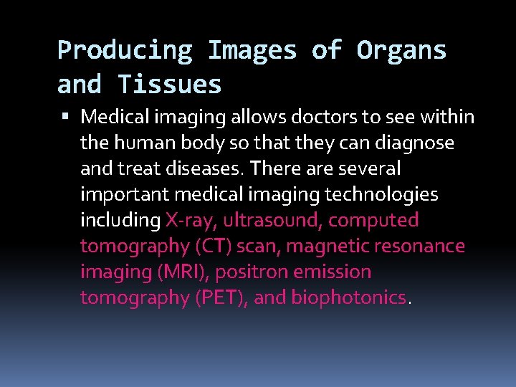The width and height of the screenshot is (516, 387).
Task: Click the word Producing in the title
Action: [125, 51]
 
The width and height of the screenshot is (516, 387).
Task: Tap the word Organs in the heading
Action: [401, 51]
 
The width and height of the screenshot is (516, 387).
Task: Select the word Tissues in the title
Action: [170, 85]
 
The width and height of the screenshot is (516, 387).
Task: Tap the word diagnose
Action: [419, 143]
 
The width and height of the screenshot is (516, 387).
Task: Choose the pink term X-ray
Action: [191, 220]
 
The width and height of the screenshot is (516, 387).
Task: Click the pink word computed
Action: [373, 220]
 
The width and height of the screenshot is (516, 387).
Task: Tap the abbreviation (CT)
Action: [213, 246]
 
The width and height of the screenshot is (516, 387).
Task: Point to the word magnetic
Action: [321, 246]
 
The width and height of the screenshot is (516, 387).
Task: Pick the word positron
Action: [249, 272]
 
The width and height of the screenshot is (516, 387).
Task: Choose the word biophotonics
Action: [349, 297]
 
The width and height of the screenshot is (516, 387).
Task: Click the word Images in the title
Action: [252, 51]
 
